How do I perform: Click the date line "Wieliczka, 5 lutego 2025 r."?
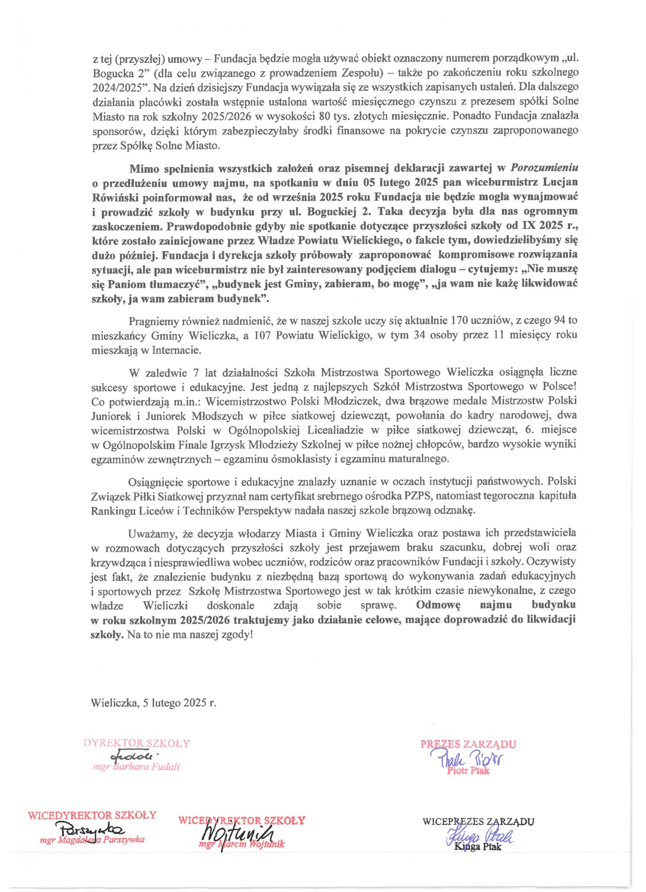(x=153, y=703)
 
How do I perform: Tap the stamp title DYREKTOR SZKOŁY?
(x=137, y=743)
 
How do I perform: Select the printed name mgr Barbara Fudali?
(x=137, y=767)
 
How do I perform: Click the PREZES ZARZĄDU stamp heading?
(x=468, y=744)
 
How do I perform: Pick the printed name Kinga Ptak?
(x=478, y=847)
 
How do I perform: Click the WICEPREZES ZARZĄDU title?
(x=478, y=821)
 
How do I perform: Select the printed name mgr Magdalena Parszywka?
(x=92, y=840)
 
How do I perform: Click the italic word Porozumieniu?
(x=544, y=168)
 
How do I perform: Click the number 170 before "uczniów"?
(x=460, y=320)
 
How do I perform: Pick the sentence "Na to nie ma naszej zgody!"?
(x=190, y=634)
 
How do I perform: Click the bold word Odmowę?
(x=438, y=605)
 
